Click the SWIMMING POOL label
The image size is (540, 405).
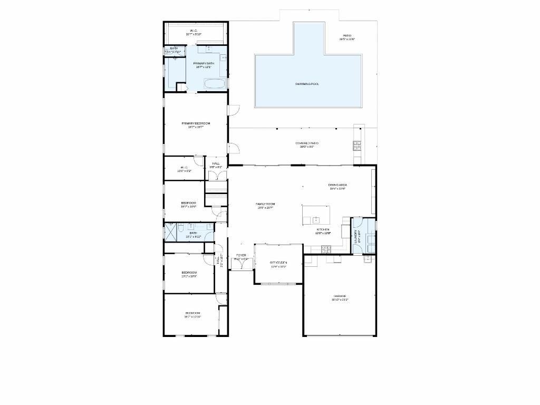[x=307, y=84]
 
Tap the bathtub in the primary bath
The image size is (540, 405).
[x=215, y=84]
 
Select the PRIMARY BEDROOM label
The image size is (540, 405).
[x=196, y=124]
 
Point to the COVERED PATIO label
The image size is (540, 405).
[x=306, y=144]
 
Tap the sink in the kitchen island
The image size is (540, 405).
[x=316, y=219]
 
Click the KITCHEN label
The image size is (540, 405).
[x=323, y=230]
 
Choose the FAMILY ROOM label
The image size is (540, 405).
[x=265, y=205]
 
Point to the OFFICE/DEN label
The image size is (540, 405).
[x=278, y=263]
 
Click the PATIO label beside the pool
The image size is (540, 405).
[x=346, y=36]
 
